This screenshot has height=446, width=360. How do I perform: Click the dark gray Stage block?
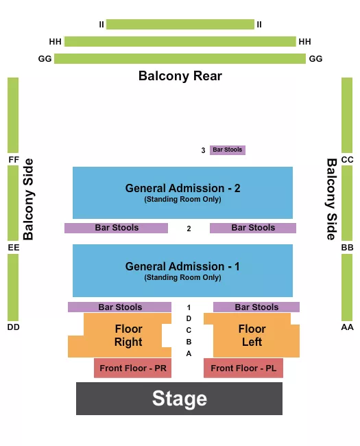(x=179, y=399)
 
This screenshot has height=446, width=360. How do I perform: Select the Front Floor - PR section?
(x=132, y=368)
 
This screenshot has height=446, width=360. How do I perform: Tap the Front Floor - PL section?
(x=243, y=368)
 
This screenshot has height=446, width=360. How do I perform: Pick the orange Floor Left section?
(x=252, y=336)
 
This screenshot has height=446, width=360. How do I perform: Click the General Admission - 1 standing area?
(x=182, y=270)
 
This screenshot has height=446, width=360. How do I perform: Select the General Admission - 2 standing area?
(x=182, y=192)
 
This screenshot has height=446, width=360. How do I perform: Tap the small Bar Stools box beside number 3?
(x=227, y=150)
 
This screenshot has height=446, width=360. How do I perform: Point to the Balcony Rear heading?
(x=180, y=75)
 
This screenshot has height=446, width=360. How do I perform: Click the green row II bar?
(x=180, y=25)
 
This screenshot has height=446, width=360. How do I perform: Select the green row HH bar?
(x=180, y=42)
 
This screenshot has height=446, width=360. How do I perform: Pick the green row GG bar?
(x=180, y=59)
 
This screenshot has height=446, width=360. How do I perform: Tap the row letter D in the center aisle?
(x=189, y=318)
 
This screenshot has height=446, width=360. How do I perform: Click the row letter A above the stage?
(x=189, y=353)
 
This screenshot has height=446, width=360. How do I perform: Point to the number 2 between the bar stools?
(x=189, y=228)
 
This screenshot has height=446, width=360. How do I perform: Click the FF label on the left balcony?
(x=13, y=160)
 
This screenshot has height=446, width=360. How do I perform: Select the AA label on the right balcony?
(x=347, y=327)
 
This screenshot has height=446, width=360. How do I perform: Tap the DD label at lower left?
(x=13, y=327)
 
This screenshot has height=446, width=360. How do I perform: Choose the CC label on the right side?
(x=347, y=160)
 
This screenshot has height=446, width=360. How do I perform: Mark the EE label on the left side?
(x=13, y=247)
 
